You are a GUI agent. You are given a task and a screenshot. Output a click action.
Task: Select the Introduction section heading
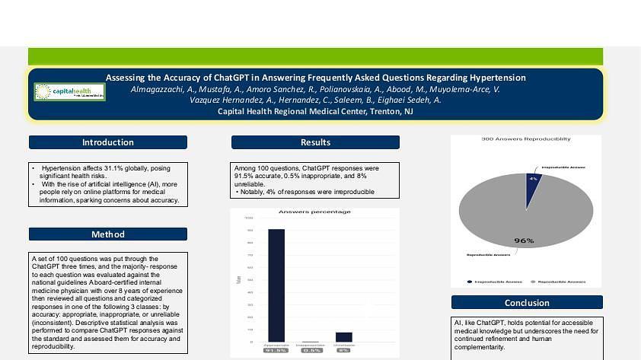107,142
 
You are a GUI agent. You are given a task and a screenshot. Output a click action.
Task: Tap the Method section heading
107,234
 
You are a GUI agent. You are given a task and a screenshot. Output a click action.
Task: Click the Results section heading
315,142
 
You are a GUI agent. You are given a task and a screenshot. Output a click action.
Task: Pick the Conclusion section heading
527,302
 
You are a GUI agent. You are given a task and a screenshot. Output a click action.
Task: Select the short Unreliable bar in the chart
344,337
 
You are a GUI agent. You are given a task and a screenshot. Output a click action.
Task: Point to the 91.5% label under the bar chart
276,350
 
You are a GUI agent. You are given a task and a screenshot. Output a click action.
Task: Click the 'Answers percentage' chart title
314,212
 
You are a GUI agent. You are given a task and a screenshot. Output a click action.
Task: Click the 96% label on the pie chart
524,241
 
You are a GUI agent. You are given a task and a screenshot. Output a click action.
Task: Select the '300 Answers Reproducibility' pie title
526,139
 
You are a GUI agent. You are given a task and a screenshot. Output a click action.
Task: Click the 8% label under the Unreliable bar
344,350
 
